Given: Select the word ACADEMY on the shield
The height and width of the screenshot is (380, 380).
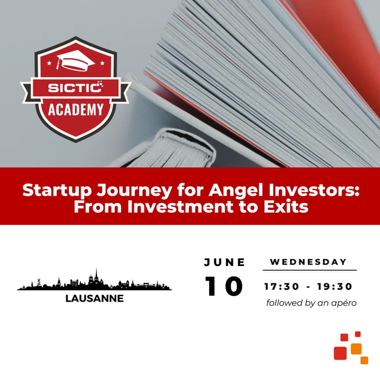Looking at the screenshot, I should pyautogui.click(x=76, y=110).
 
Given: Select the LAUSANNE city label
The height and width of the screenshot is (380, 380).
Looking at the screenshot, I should pyautogui.click(x=95, y=299).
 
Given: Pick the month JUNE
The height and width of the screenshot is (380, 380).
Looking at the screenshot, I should pyautogui.click(x=225, y=262).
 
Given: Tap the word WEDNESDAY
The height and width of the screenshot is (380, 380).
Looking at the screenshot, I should pyautogui.click(x=309, y=262).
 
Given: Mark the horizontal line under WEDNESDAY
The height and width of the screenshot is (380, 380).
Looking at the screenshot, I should pyautogui.click(x=309, y=270).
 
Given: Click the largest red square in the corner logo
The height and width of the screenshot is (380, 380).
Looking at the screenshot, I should pyautogui.click(x=340, y=352).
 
